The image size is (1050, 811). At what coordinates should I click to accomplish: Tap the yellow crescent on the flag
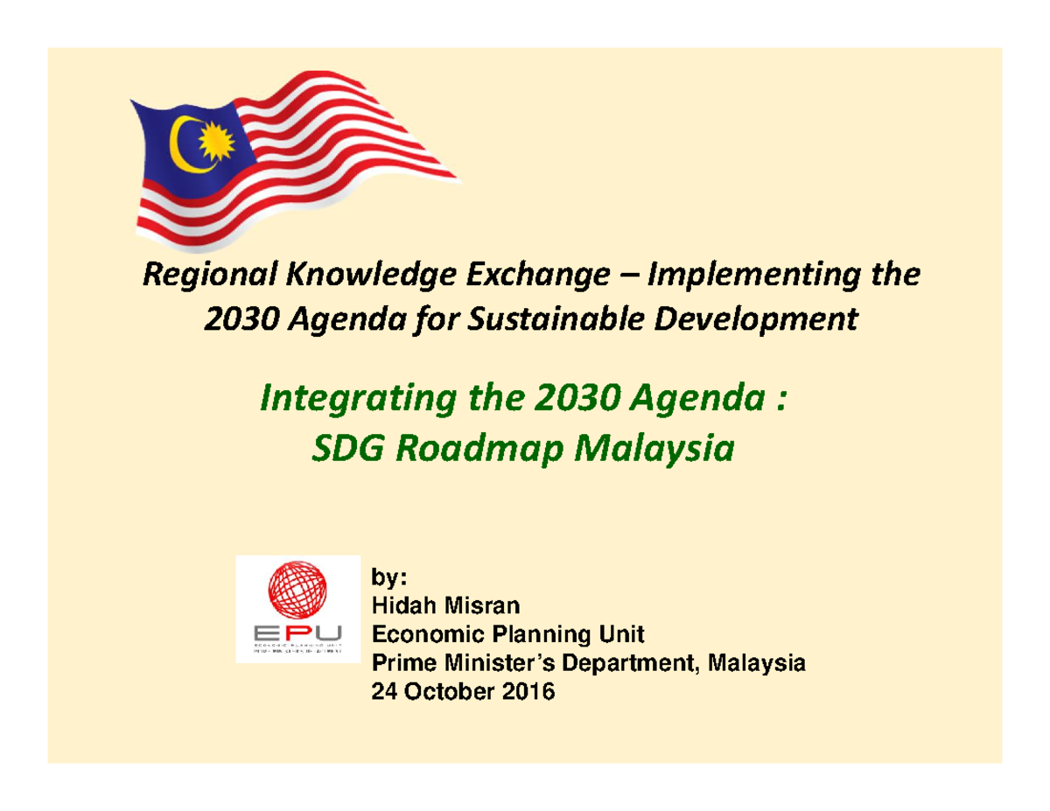coord(186,144)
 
